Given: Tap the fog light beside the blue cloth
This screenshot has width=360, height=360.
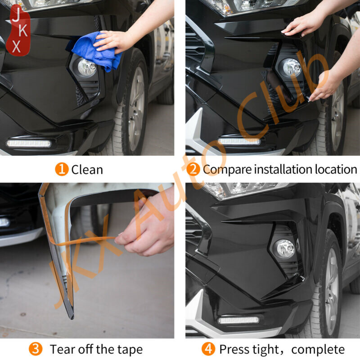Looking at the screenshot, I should [86, 67].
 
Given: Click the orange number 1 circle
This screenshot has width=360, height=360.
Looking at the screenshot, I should [62, 170].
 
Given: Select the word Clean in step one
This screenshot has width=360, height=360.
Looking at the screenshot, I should [87, 170].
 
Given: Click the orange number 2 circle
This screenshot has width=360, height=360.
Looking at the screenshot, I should [193, 170].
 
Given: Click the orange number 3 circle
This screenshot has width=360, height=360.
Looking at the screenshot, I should [36, 349].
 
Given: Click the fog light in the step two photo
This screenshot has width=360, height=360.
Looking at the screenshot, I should [291, 67].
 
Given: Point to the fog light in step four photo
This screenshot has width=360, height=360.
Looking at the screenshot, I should [285, 248].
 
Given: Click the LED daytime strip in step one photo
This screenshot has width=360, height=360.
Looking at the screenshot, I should [29, 143].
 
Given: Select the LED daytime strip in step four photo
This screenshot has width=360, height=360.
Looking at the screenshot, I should [238, 320].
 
